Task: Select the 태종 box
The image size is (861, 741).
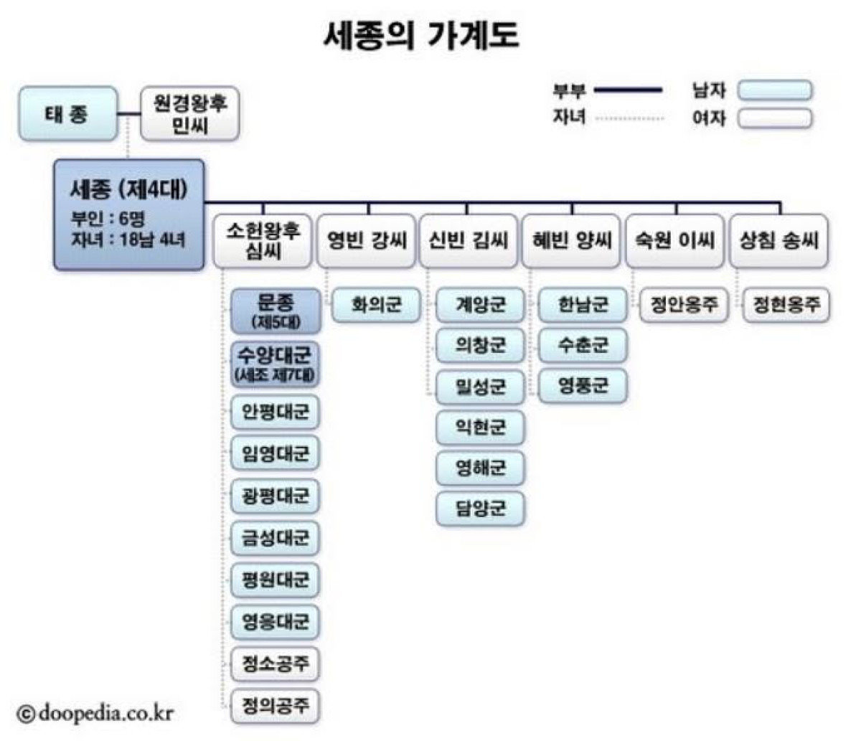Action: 67,114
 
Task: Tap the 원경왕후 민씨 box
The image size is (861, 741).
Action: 190,114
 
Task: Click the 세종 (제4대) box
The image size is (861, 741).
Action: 129,214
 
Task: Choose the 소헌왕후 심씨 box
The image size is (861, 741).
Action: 263,240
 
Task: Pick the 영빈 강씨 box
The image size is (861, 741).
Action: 367,240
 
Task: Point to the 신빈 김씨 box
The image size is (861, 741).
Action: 469,240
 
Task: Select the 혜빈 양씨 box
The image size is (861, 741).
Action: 572,240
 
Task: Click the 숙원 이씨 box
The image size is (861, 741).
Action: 674,240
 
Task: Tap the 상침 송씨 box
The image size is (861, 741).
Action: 778,240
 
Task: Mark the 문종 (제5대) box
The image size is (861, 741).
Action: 276,311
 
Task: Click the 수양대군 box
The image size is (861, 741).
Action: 276,364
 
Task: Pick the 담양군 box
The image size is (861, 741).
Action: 481,509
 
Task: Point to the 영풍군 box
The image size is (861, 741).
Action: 583,387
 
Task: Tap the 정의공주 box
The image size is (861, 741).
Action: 276,705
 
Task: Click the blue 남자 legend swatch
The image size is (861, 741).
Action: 776,90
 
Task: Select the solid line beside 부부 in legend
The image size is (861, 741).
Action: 629,90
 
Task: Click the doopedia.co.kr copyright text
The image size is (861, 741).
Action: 96,713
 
